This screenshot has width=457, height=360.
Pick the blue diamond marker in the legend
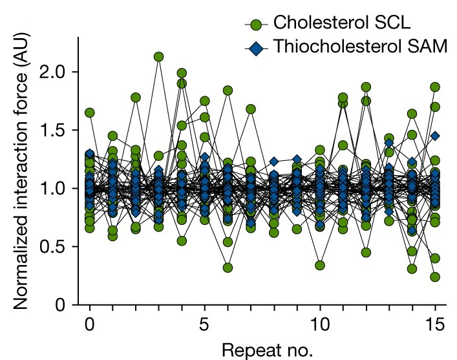click(257, 49)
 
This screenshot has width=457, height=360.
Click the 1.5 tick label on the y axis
click(56, 131)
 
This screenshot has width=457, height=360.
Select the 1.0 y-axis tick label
click(56, 189)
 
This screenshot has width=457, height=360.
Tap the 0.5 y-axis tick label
click(56, 247)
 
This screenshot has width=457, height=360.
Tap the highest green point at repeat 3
click(158, 57)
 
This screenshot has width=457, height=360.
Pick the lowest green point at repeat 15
click(435, 277)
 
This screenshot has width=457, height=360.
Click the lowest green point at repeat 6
click(228, 268)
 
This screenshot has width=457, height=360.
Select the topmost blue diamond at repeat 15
click(435, 136)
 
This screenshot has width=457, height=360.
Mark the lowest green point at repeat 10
click(319, 265)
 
